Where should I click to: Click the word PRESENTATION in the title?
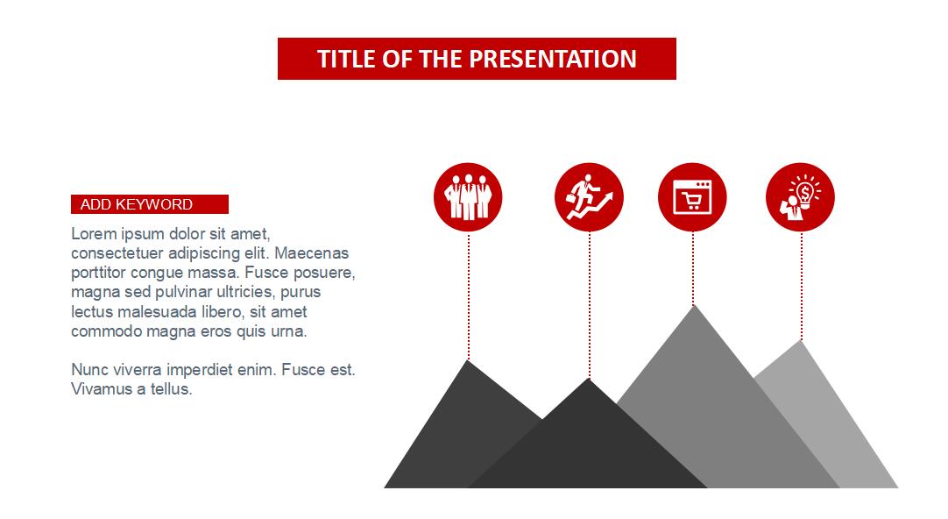coord(553,59)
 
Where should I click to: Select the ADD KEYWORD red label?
coord(150,204)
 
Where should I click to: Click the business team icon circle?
coord(468,197)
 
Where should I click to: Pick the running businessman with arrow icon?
coord(589,197)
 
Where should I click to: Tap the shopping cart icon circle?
coord(692,197)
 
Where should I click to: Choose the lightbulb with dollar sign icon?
coord(801,197)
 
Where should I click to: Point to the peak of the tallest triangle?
coord(694,305)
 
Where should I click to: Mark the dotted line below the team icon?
coord(469,295)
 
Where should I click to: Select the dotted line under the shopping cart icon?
coord(693,268)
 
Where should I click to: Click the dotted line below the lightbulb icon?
coord(802,286)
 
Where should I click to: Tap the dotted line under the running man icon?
coord(590,305)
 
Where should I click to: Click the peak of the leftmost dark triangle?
coord(467,360)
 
